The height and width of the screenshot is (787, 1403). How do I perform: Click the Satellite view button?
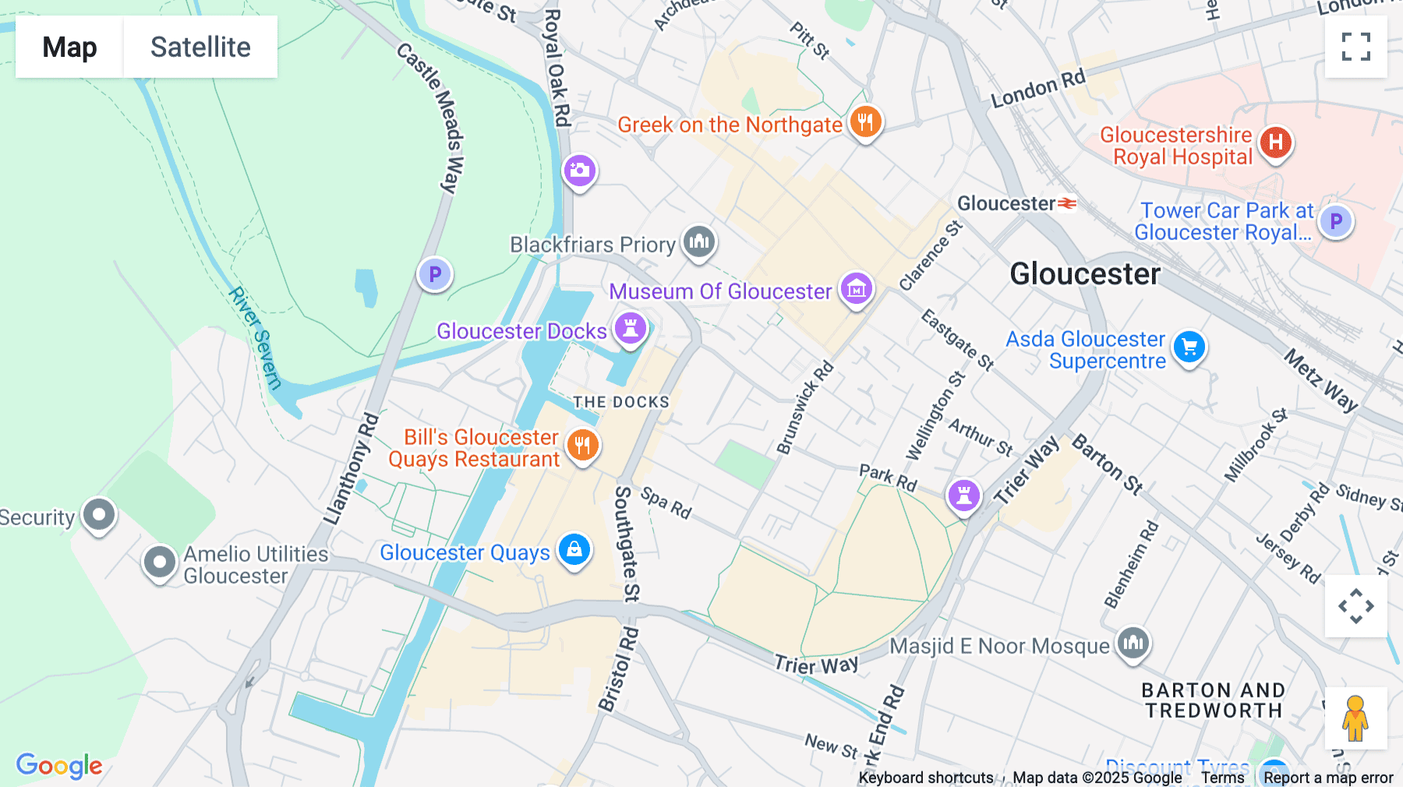point(200,47)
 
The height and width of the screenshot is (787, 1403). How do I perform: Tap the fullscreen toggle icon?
point(1355,47)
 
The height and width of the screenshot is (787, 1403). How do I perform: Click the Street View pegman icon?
point(1355,718)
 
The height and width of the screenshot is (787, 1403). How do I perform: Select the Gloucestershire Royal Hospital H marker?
point(1275,143)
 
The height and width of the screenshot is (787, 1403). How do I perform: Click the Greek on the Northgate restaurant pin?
point(865,122)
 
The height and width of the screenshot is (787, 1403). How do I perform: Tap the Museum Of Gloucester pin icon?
point(856,289)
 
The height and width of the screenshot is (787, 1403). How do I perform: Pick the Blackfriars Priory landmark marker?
point(699,242)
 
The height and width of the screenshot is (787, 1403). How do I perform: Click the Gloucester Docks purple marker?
point(631,328)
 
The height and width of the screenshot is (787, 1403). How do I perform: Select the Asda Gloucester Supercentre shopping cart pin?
point(1189,347)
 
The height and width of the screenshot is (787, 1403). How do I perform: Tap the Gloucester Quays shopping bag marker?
point(574,549)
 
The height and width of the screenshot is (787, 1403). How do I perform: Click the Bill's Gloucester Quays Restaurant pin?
point(582,446)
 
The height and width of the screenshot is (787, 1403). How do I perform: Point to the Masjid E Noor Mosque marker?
point(1133,644)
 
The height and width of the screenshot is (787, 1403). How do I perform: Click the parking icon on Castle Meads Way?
point(435,274)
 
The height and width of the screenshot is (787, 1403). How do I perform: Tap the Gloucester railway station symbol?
point(1067,204)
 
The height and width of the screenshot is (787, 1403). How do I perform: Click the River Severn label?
point(255,338)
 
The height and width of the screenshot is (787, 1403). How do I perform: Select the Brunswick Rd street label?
point(805,408)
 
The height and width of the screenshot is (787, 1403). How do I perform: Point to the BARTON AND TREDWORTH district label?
point(1214,701)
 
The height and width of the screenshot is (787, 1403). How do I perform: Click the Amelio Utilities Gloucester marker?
point(160,562)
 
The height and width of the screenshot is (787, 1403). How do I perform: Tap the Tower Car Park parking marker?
point(1336,221)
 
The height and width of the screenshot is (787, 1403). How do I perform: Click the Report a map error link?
point(1328,778)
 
